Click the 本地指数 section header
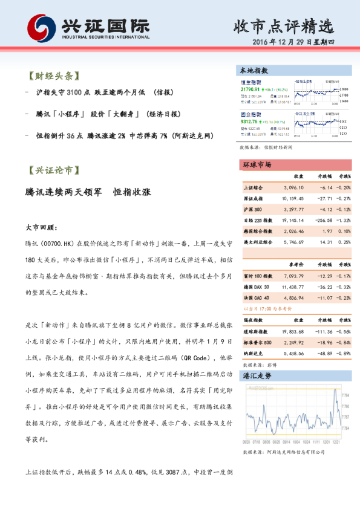point(255,71)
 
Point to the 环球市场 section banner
point(257,164)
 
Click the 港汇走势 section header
point(257,375)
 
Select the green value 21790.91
point(250,89)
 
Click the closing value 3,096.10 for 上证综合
point(293,188)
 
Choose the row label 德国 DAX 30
point(256,287)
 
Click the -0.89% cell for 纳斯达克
point(344,354)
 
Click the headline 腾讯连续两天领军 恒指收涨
point(88,192)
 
